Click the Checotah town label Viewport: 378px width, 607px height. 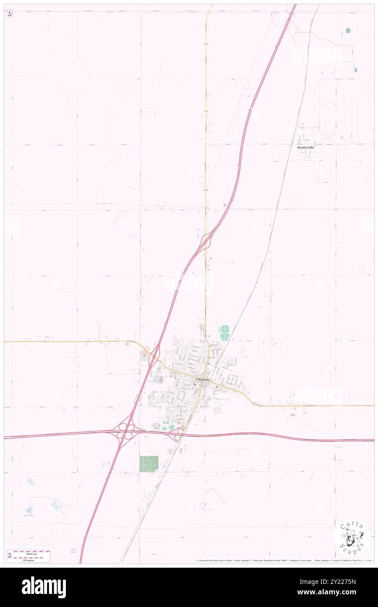coord(203,380)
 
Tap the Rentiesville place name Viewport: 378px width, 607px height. coord(306,148)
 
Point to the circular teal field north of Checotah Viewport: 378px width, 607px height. coord(225,329)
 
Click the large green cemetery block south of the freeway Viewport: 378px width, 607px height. coord(149,463)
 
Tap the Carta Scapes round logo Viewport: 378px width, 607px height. coord(352,538)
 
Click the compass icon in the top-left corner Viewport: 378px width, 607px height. coord(10,14)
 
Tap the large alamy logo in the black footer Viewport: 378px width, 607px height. coord(44,587)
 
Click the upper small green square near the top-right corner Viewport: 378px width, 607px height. coord(348,31)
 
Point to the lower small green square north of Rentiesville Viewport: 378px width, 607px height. coord(355,70)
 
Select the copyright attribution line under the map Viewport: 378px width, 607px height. coord(284,560)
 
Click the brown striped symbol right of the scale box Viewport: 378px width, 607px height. coord(73,551)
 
